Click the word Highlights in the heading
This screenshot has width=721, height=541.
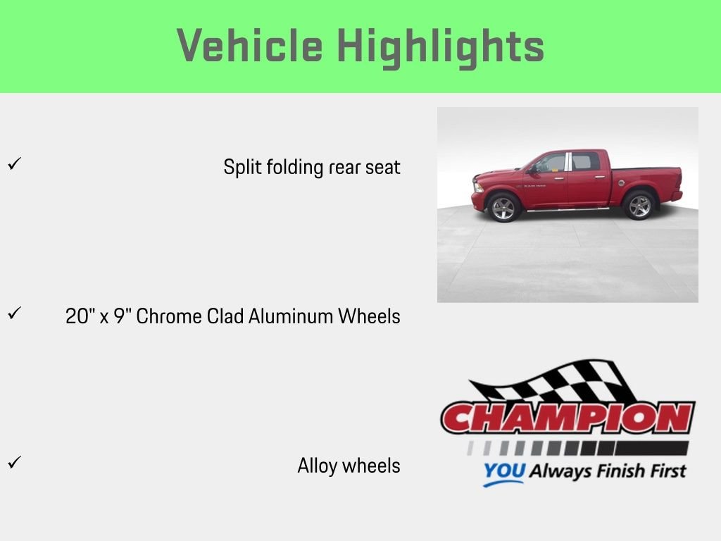tap(441, 47)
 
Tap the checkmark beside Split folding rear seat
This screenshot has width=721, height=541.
tap(14, 163)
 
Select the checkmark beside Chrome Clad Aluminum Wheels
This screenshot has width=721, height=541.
tap(14, 313)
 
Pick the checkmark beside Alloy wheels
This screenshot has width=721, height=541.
tap(14, 462)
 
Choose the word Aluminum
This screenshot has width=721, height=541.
tap(291, 316)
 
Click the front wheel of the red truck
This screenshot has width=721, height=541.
tap(503, 208)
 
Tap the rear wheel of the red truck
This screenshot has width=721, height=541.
tap(639, 205)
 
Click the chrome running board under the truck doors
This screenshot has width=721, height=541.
tap(568, 210)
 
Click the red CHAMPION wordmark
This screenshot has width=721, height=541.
tap(568, 418)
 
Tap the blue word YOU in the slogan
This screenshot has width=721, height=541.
tap(504, 471)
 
